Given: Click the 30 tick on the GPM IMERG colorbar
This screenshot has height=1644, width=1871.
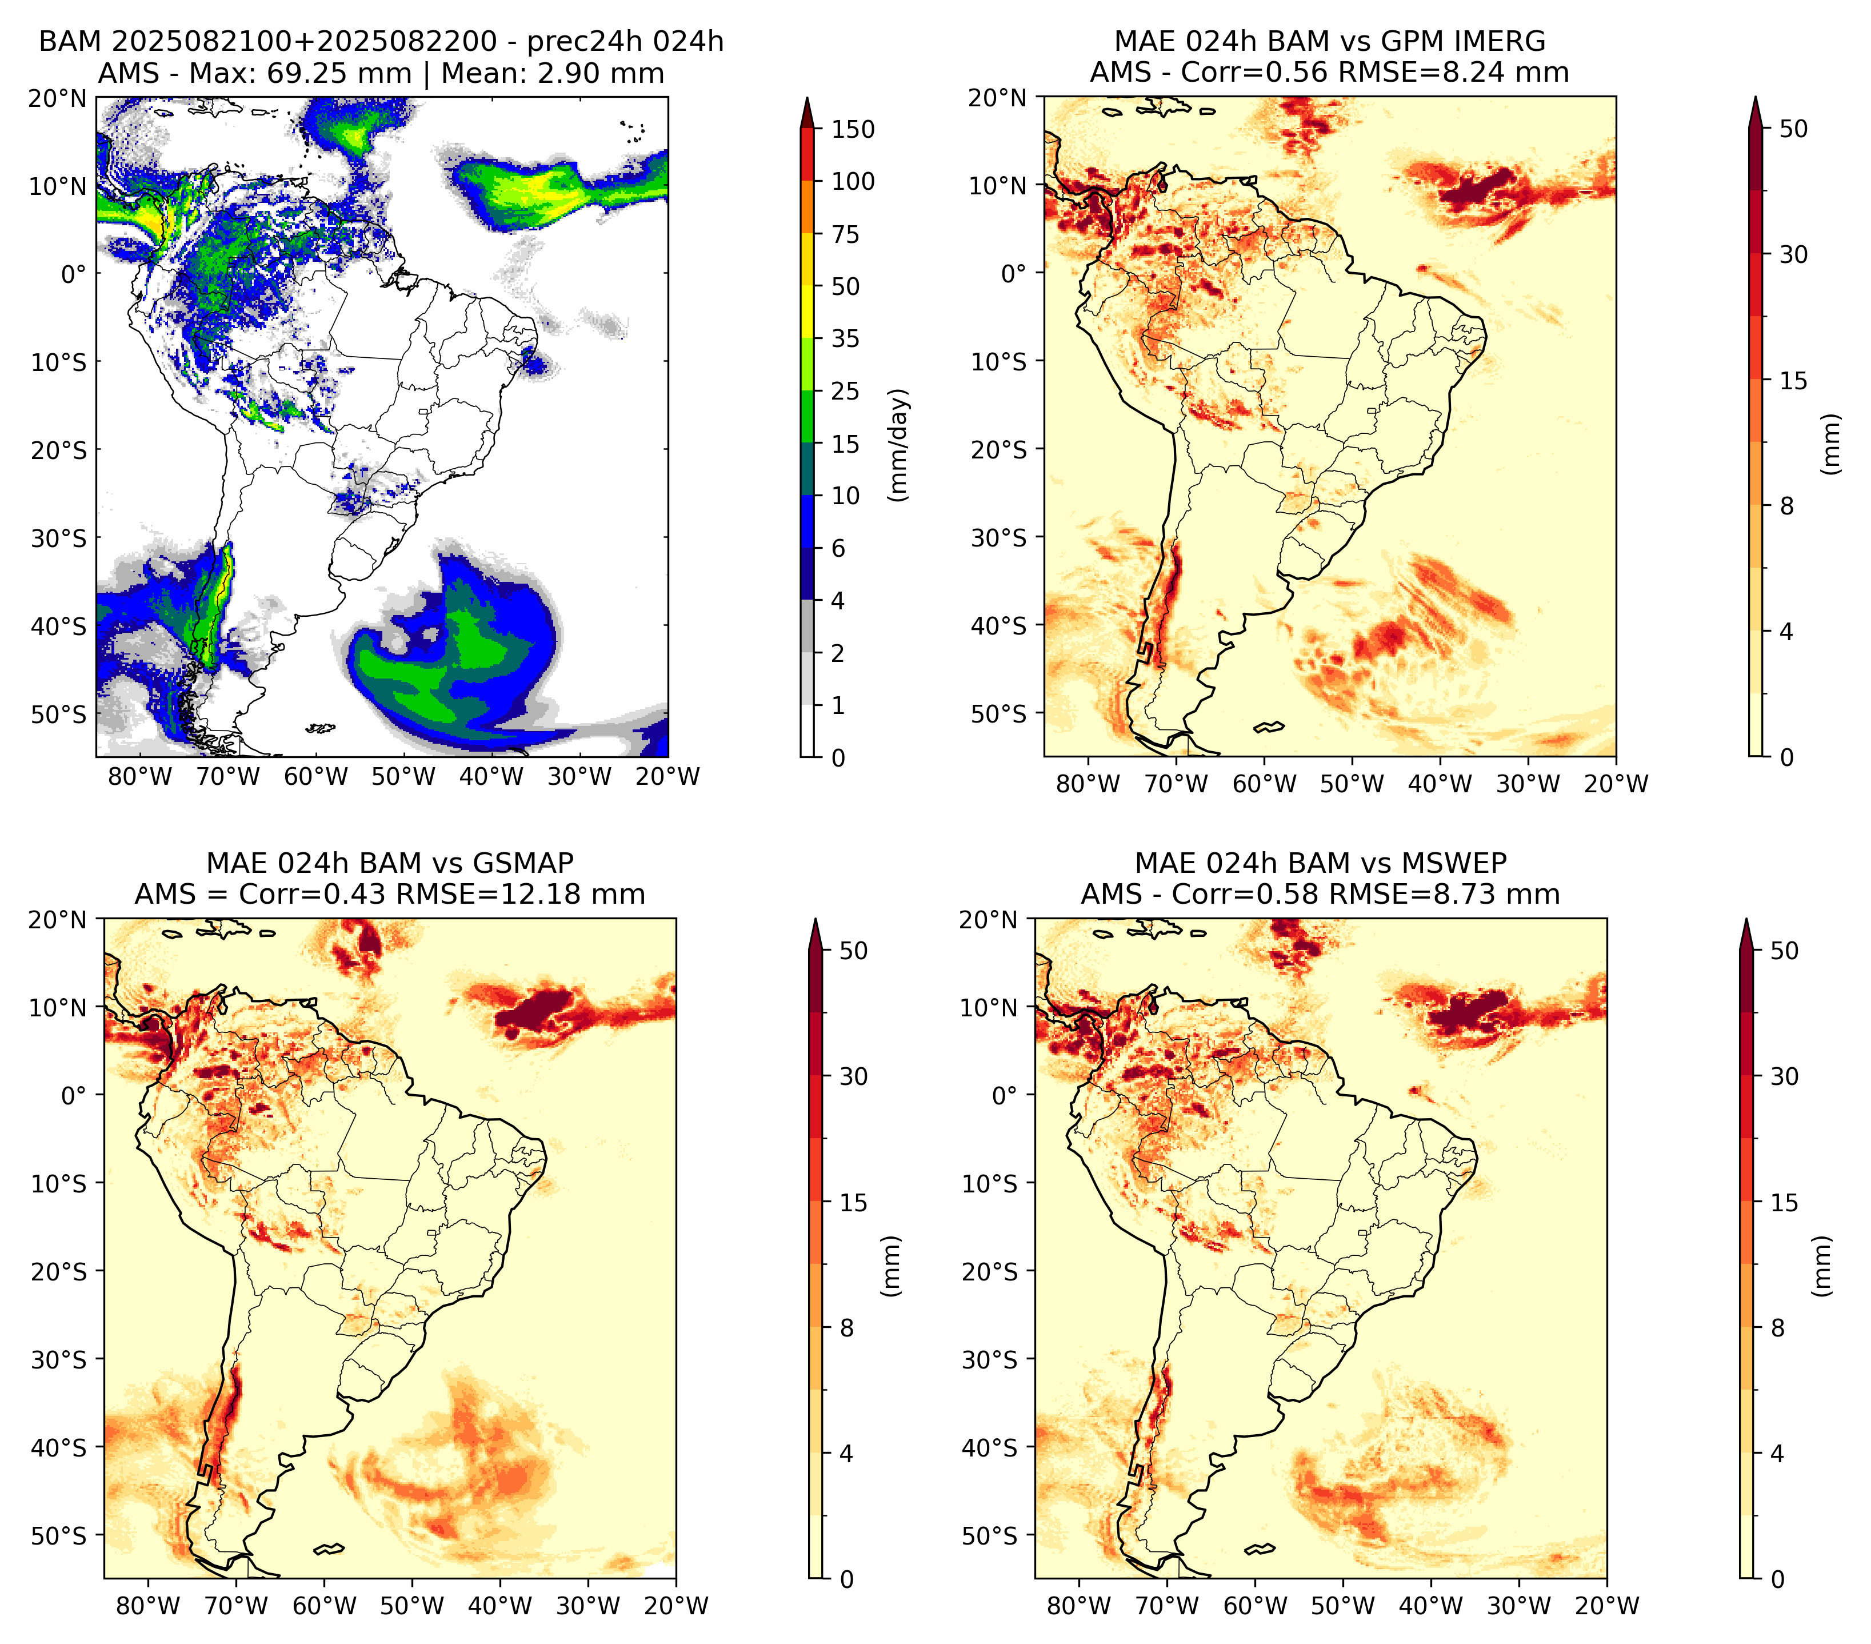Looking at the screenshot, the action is pyautogui.click(x=1794, y=254).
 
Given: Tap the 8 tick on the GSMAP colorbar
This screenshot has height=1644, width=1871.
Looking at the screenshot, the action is pyautogui.click(x=846, y=1328).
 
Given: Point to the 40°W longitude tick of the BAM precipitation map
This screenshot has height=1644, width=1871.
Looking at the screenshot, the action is pyautogui.click(x=491, y=776).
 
